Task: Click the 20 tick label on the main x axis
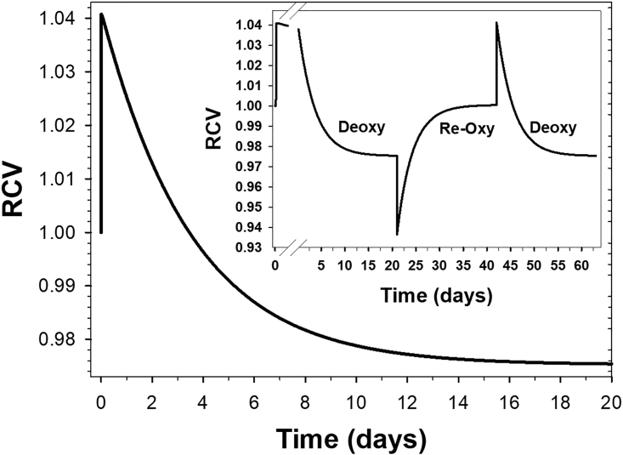coord(611,401)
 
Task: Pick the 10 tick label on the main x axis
coord(356,401)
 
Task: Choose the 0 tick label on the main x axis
coord(101,401)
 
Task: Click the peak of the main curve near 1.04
coord(102,14)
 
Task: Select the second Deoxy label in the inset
coord(552,128)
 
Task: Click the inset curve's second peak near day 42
coord(496,23)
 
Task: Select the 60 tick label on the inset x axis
coord(579,267)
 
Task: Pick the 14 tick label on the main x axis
coord(458,401)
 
